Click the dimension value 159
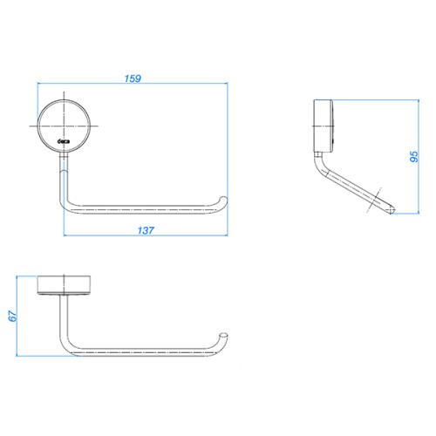tap(133, 78)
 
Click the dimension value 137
tap(146, 230)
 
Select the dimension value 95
tap(414, 157)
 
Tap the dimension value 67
tap(12, 316)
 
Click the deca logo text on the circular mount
tap(64, 141)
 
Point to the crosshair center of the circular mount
tap(64, 126)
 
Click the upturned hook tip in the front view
tap(223, 200)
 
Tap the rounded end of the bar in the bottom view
tap(223, 336)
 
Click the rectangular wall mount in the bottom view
tap(64, 285)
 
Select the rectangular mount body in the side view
tap(323, 126)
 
